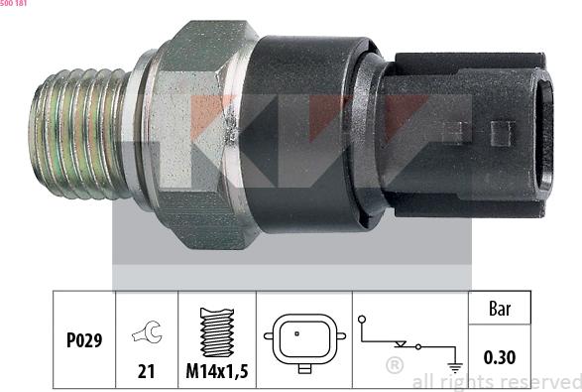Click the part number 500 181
(14, 4)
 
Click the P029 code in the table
(82, 340)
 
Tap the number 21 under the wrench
(147, 373)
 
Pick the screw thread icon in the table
(216, 331)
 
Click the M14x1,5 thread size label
(216, 373)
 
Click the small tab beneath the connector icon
(304, 368)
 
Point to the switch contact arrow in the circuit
(401, 343)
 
